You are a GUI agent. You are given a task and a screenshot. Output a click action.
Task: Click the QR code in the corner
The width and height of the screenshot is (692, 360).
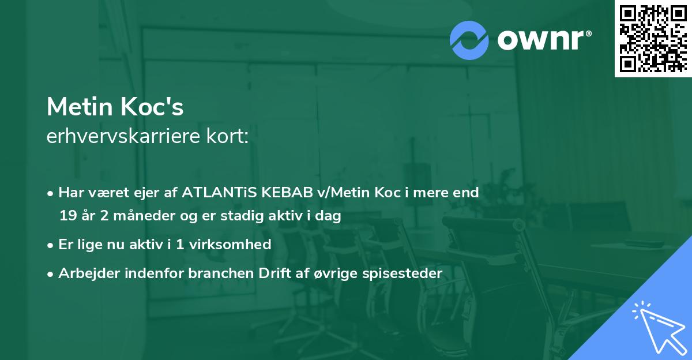click(x=653, y=38)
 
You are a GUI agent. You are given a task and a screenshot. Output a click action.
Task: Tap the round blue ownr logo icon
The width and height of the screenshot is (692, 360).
click(x=469, y=40)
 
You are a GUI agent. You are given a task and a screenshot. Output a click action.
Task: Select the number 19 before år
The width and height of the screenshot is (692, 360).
click(x=67, y=216)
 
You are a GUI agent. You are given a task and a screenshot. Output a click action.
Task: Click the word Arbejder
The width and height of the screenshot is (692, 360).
click(x=89, y=273)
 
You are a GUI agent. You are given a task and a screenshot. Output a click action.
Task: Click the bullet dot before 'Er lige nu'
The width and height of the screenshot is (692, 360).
click(x=51, y=245)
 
